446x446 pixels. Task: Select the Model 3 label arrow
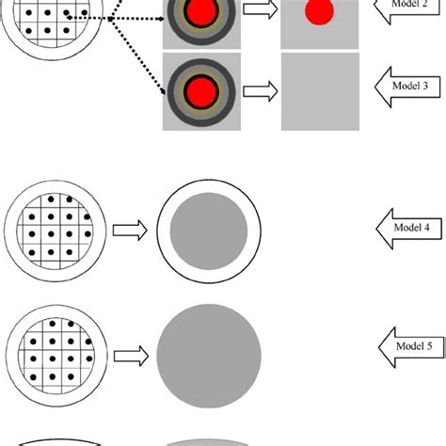tap(406, 86)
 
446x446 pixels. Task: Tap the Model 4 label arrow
tap(406, 226)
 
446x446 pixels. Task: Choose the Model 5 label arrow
tap(406, 347)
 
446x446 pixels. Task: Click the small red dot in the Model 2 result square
tap(320, 11)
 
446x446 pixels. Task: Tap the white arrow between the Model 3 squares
tap(261, 91)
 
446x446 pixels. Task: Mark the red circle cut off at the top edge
tap(201, 12)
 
